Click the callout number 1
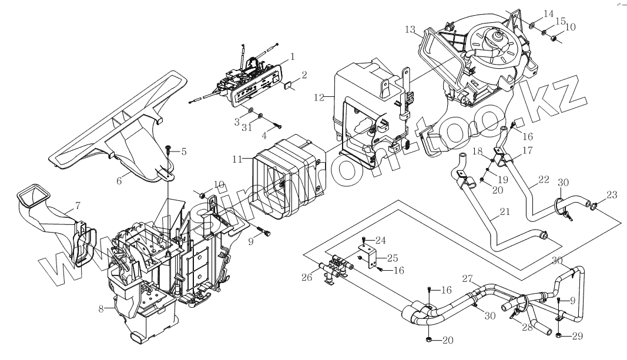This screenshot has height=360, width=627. click(x=292, y=56)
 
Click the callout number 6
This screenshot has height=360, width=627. click(x=119, y=181)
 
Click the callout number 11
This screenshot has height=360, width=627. click(x=237, y=159)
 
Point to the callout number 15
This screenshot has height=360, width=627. click(x=560, y=21)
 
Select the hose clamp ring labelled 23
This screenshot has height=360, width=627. click(x=594, y=206)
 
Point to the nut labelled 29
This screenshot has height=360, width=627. click(x=558, y=335)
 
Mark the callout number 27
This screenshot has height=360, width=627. click(x=468, y=278)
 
